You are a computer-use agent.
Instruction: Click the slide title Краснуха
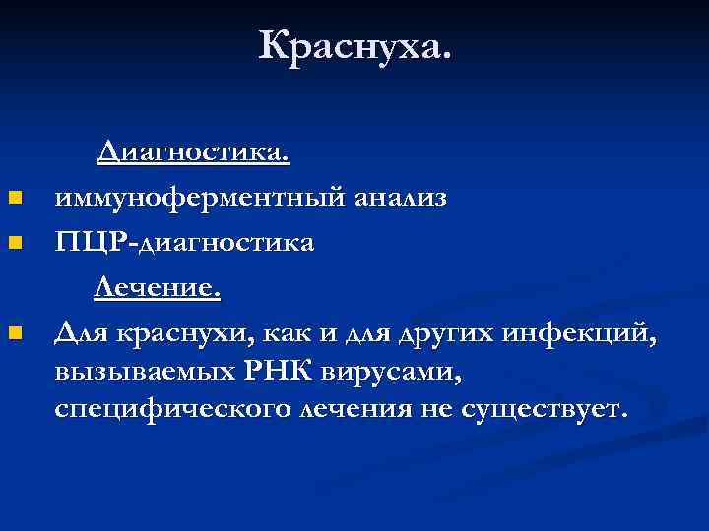coord(354,45)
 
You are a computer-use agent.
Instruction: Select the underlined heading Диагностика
coord(192,152)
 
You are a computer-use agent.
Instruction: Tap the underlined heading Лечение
coord(158,290)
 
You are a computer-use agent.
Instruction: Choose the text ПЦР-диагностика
coord(185,243)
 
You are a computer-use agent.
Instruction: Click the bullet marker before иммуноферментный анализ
coord(14,200)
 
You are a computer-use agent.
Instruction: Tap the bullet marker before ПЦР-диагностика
coord(14,245)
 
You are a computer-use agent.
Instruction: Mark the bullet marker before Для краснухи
coord(14,335)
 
